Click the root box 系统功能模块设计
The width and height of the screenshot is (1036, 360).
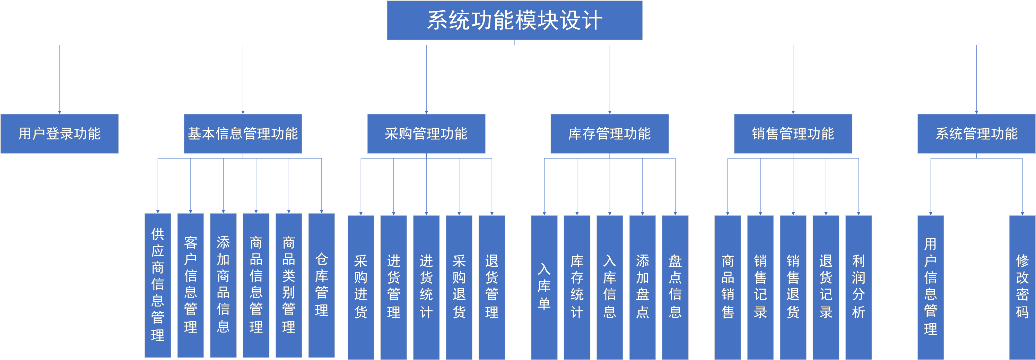tap(514, 20)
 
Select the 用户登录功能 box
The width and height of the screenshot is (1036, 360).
tap(60, 134)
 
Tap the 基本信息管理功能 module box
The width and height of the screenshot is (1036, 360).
tap(243, 134)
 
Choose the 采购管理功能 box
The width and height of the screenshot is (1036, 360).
tap(426, 134)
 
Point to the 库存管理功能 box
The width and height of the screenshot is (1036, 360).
tap(610, 134)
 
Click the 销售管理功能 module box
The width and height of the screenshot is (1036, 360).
tap(793, 134)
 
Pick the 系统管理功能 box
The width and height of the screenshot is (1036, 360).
tap(976, 134)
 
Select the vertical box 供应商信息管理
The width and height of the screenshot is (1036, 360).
tap(158, 285)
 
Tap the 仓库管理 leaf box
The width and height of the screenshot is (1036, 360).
tap(321, 285)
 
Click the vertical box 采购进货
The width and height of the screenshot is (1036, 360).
tap(361, 287)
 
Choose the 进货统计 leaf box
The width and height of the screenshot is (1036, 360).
tap(426, 287)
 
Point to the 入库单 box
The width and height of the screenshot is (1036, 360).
tap(544, 287)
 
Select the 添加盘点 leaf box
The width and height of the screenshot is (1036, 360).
tap(642, 287)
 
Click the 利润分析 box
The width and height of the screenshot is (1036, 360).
tap(858, 287)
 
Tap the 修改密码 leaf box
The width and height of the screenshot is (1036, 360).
tap(1022, 287)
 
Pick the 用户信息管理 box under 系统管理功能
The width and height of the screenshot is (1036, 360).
tap(930, 287)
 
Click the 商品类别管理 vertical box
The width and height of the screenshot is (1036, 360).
tap(289, 285)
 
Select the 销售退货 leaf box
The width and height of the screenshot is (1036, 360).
tap(793, 287)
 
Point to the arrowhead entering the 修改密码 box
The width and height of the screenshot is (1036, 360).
tap(1022, 213)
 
